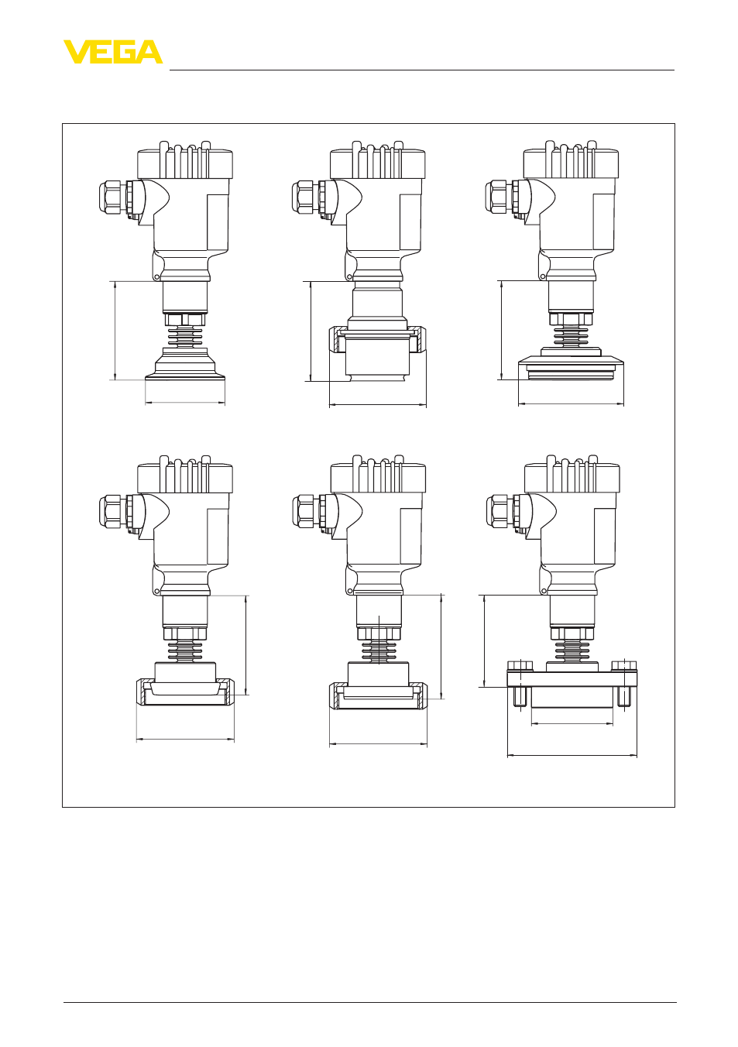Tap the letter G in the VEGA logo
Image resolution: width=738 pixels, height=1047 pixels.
[122, 52]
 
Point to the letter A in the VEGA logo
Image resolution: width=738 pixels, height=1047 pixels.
[149, 52]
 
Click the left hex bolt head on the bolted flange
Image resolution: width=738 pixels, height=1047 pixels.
[520, 665]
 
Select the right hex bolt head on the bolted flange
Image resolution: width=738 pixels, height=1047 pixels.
[624, 665]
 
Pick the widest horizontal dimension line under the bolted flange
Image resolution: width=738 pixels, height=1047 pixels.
[572, 754]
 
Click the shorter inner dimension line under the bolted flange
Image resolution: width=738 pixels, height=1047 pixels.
[572, 723]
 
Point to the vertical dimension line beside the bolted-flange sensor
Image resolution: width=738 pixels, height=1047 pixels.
[484, 640]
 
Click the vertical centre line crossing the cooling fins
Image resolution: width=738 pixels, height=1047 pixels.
[379, 640]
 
